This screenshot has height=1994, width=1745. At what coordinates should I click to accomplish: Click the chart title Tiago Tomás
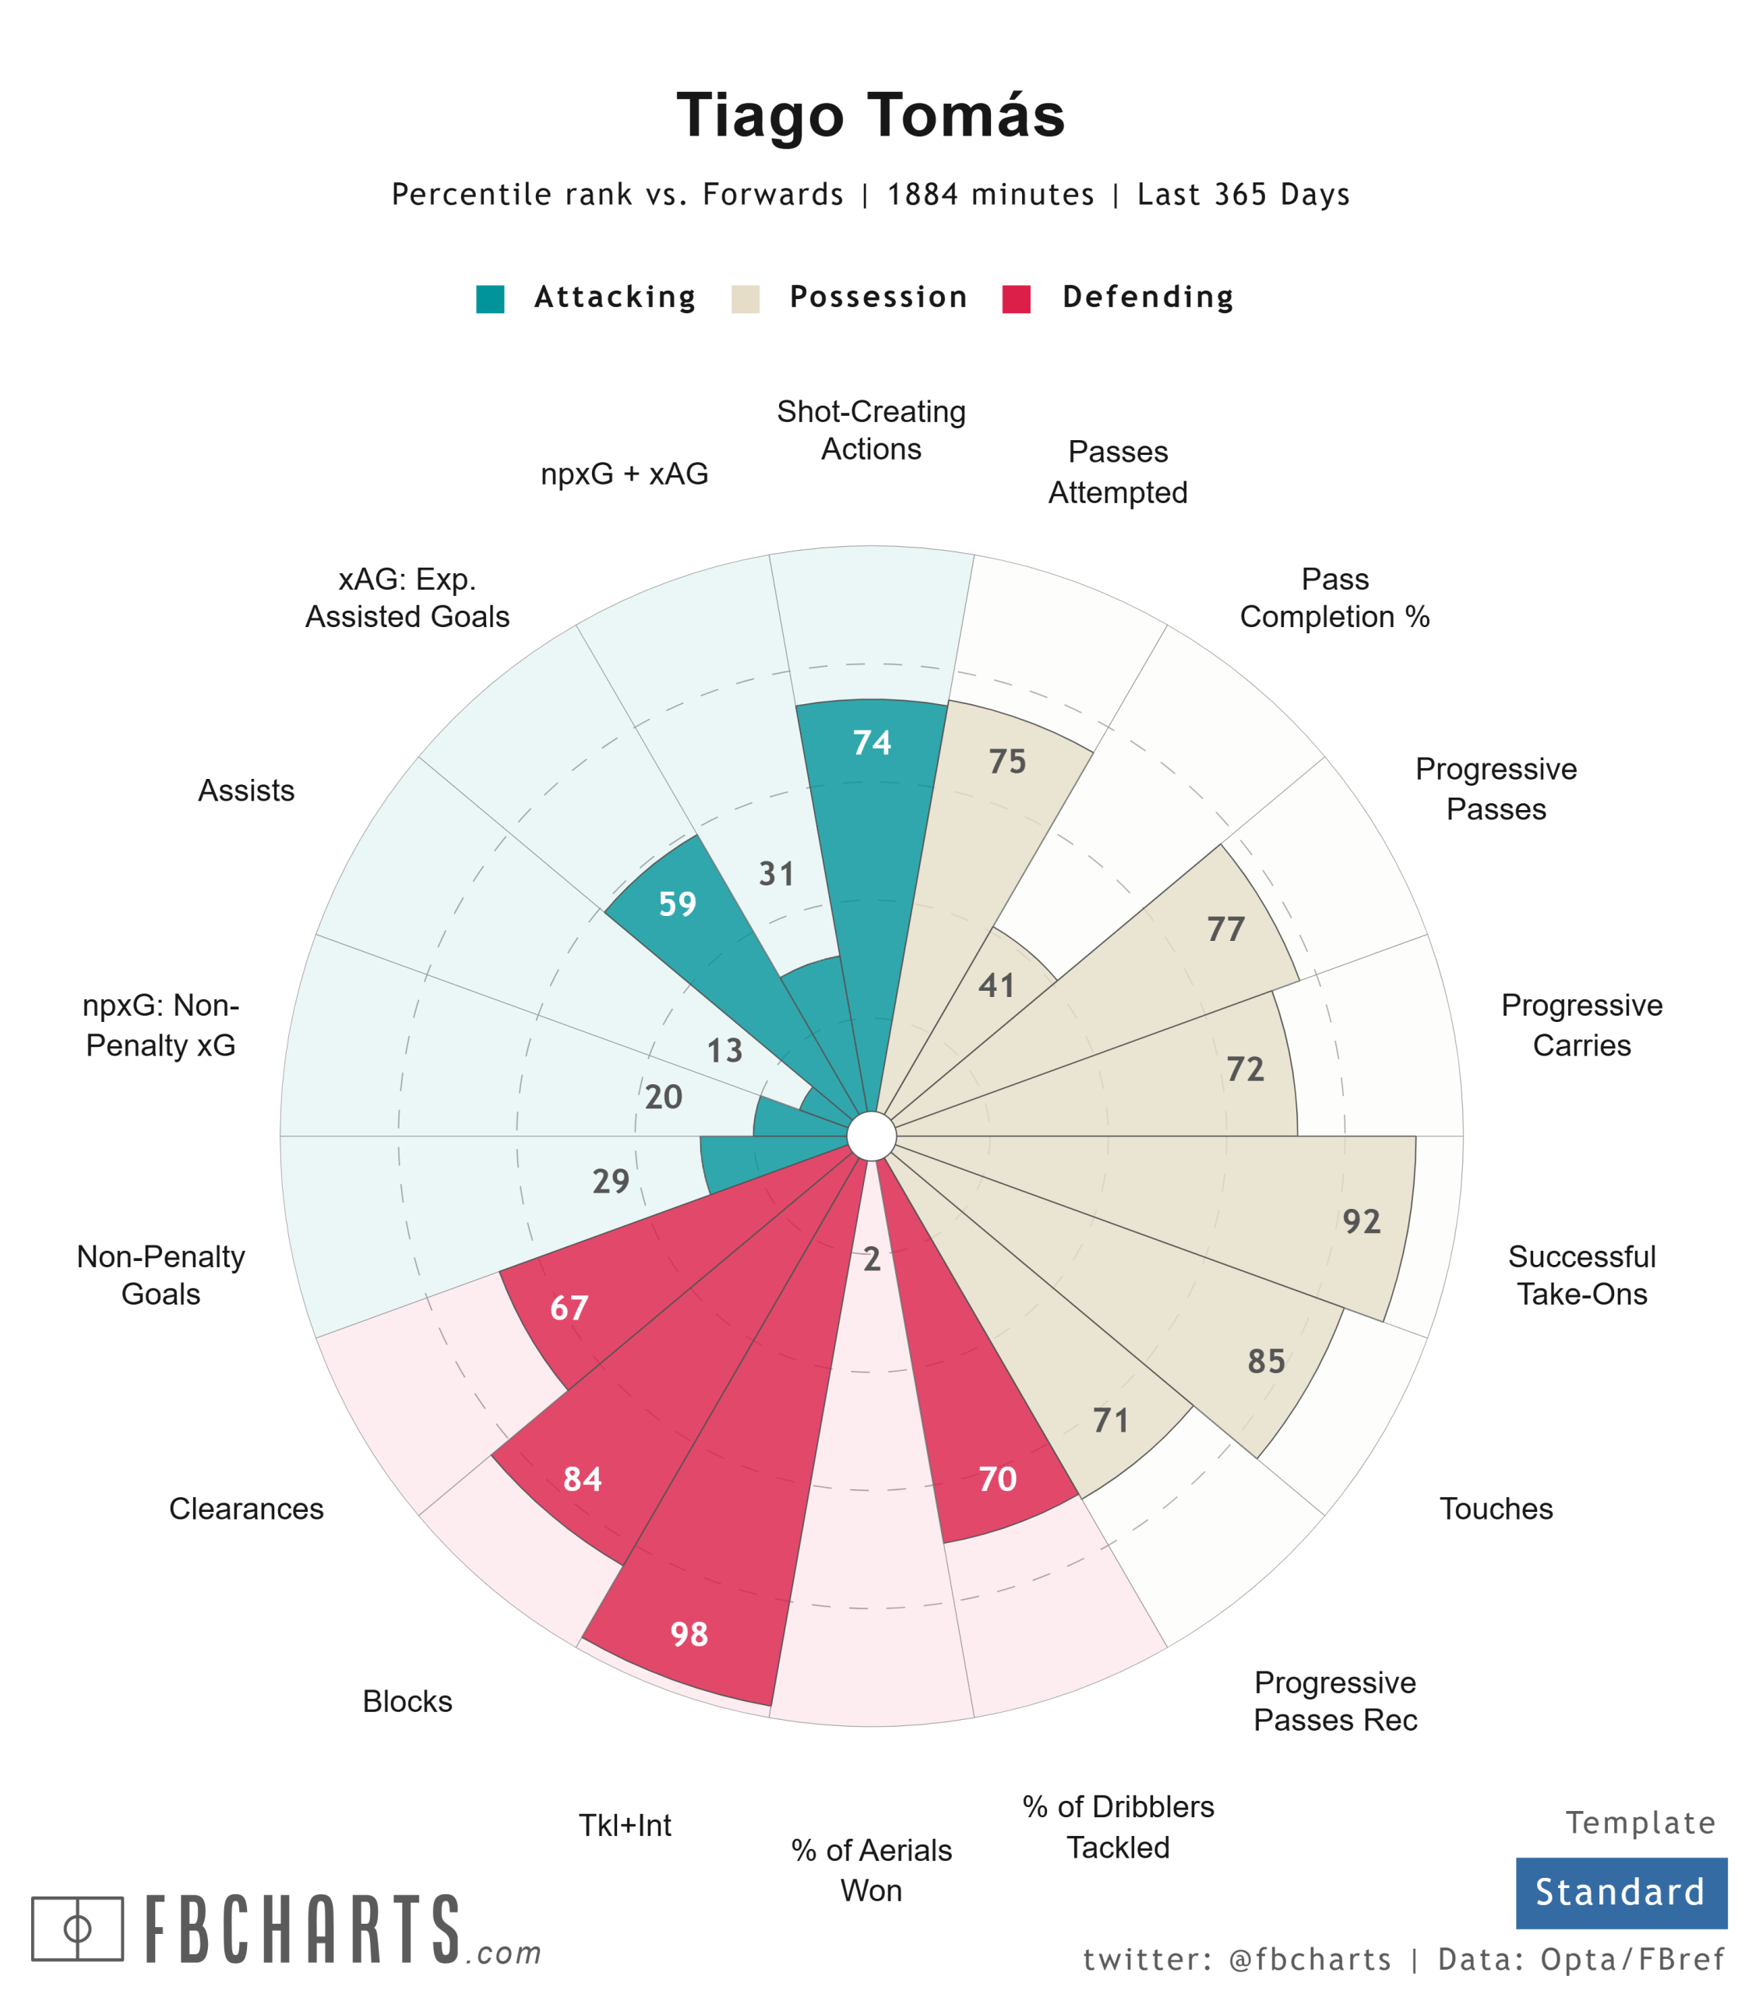coord(871,115)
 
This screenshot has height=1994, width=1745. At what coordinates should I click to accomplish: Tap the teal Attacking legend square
coord(490,299)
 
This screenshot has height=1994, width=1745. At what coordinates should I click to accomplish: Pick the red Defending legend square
coord(1017,299)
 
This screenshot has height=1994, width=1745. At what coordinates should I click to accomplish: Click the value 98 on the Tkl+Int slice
coord(689,1635)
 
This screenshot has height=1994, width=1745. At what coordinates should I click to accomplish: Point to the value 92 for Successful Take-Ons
coord(1362,1222)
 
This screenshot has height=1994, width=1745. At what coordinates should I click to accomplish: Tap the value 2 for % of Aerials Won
coord(872,1260)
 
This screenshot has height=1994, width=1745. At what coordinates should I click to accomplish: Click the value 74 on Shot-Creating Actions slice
coord(872,744)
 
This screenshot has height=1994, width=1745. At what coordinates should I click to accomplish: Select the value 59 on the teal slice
coord(678,904)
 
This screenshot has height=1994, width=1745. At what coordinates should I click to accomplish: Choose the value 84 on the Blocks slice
coord(583,1480)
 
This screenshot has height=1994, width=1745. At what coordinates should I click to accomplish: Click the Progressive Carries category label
coord(1581,1025)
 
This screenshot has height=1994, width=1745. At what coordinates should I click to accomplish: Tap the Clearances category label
coord(246,1510)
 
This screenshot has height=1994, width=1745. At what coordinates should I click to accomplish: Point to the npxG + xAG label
coord(624,474)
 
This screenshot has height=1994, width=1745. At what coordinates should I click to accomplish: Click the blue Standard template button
coord(1620,1893)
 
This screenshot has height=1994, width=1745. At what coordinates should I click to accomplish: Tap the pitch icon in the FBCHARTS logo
coord(77,1929)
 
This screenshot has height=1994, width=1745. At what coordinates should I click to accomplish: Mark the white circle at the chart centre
coord(872,1136)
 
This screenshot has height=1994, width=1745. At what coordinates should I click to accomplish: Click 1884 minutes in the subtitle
coord(990,195)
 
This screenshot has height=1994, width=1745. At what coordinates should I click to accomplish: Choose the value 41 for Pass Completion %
coord(996,986)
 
